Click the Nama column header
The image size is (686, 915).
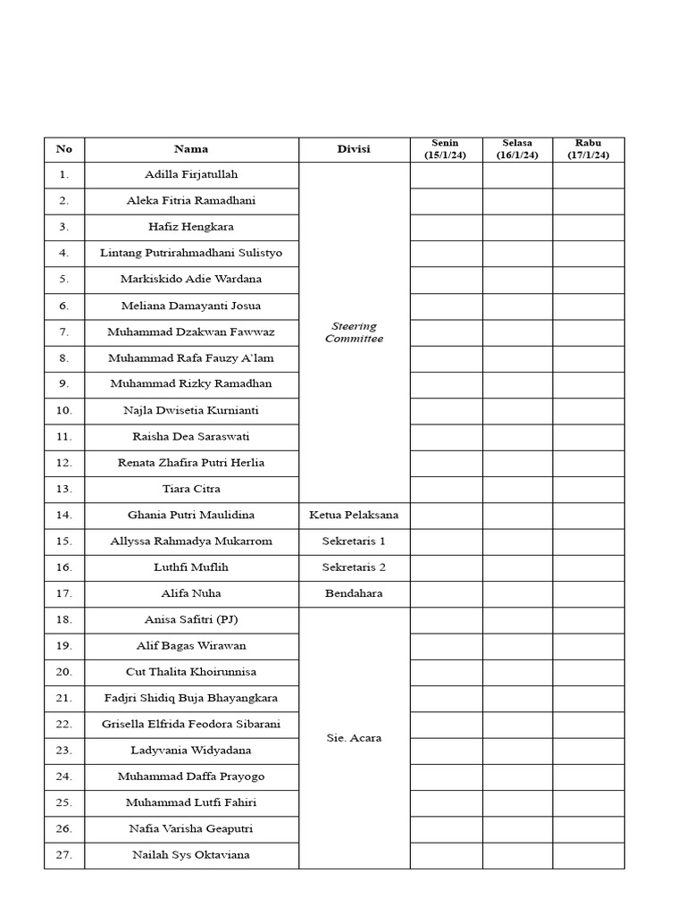tap(191, 149)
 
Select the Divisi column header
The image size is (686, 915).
tap(354, 149)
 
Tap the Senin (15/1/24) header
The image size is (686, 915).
tap(445, 149)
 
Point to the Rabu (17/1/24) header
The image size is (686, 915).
tap(588, 149)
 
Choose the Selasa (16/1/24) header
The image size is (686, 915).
tap(517, 149)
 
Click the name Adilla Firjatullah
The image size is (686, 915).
tap(191, 175)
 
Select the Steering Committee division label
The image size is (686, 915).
tap(354, 332)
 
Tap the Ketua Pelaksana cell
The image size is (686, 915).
tap(354, 515)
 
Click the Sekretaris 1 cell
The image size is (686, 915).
tap(354, 541)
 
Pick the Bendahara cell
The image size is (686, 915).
tap(354, 593)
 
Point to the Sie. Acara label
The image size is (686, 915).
tap(354, 738)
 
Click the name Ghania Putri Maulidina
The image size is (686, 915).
tap(191, 515)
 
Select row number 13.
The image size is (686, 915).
tap(64, 489)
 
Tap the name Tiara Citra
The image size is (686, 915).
tap(191, 489)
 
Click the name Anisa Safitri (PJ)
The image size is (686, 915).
tap(191, 619)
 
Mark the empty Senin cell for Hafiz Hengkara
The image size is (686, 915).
tap(446, 227)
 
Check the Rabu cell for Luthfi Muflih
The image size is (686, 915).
tap(588, 567)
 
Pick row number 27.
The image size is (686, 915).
tap(64, 855)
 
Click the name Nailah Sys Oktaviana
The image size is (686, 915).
tap(191, 855)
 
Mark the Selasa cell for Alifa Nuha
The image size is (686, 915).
tap(517, 593)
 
